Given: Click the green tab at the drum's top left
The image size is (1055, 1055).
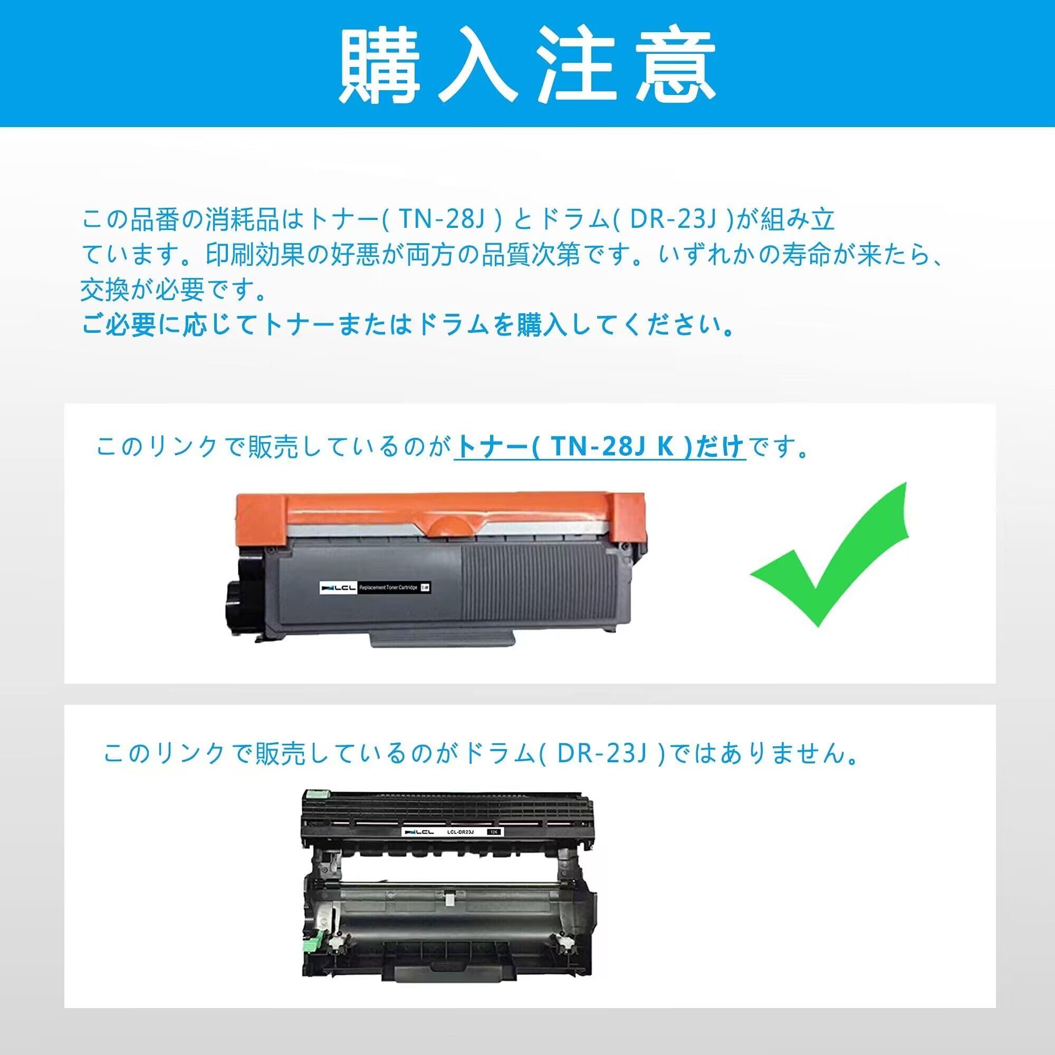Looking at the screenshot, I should [x=313, y=795].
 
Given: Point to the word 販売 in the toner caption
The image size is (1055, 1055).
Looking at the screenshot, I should [x=273, y=447].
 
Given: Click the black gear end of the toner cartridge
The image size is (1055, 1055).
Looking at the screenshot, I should [x=240, y=598].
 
